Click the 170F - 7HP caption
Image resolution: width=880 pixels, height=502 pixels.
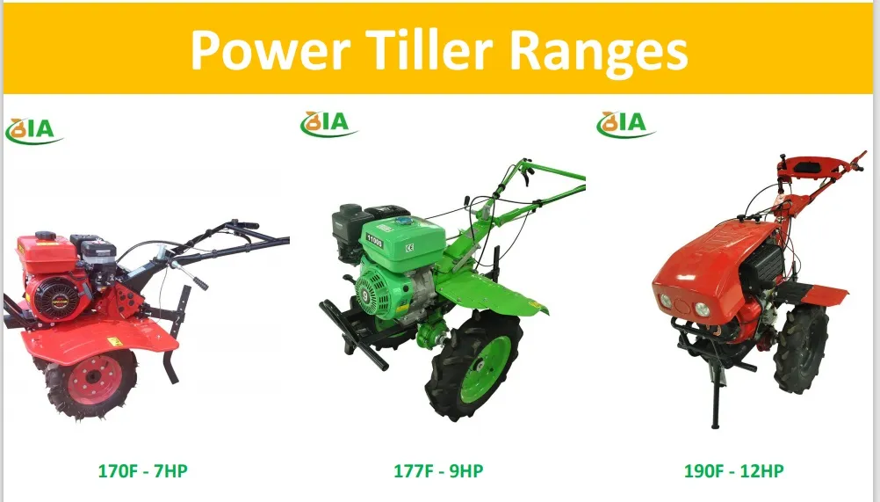click(142, 470)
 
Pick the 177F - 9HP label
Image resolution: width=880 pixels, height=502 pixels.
click(438, 470)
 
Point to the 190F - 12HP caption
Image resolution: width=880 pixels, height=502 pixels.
click(733, 470)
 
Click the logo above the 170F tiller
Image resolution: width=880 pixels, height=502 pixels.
click(34, 128)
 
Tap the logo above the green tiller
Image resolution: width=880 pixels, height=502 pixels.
click(328, 123)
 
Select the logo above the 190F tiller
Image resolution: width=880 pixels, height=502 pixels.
click(625, 123)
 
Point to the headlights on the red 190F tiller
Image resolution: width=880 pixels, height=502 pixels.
click(690, 308)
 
